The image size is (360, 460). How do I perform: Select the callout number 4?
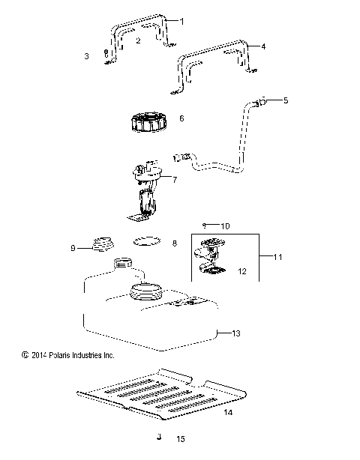(x=263, y=46)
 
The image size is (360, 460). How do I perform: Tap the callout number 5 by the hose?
(x=284, y=100)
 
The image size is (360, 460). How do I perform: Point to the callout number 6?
(x=180, y=118)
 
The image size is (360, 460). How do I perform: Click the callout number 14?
(x=229, y=412)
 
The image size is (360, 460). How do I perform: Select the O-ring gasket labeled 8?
(x=146, y=242)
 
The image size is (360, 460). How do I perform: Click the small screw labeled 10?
(x=203, y=225)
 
